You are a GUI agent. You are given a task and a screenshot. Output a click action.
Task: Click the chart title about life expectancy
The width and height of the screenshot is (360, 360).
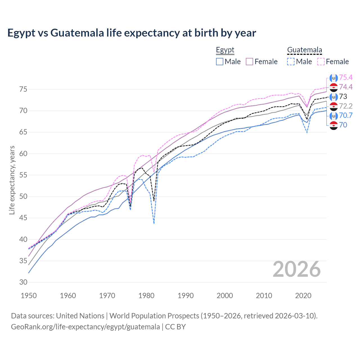[132, 33]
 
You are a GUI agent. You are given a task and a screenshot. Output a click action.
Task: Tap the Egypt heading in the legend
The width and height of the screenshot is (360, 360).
[225, 50]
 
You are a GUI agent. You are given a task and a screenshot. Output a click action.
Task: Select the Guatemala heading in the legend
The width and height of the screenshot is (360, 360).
[304, 50]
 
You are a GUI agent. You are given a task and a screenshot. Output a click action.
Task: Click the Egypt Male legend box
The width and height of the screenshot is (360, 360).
[220, 62]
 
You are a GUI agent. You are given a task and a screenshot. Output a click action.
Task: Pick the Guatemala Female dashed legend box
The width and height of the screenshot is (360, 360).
[321, 62]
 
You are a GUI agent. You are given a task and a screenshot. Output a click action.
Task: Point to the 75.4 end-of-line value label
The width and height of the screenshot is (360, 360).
[346, 78]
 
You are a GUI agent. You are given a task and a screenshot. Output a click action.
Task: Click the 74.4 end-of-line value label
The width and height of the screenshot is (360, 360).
[346, 87]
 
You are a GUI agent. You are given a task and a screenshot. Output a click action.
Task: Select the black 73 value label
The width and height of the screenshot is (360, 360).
[343, 97]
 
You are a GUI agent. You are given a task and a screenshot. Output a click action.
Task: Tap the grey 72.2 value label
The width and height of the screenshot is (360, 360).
[346, 106]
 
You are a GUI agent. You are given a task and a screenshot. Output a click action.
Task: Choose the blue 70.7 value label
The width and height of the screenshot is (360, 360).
[346, 115]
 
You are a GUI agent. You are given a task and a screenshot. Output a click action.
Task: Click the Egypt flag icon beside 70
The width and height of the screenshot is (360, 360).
[334, 125]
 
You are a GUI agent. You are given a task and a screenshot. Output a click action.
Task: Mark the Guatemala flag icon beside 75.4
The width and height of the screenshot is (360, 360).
[334, 78]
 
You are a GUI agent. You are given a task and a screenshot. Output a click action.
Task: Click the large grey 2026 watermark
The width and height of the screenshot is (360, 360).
[297, 269]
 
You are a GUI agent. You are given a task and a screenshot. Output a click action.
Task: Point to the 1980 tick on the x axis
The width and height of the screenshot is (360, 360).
[146, 296]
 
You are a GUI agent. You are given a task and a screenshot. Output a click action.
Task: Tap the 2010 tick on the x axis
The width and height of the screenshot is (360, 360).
[264, 296]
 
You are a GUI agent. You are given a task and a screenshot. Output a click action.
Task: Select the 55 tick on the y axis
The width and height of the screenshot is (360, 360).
[23, 175]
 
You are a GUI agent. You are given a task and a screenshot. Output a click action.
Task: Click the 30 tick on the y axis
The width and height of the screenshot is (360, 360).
[23, 282]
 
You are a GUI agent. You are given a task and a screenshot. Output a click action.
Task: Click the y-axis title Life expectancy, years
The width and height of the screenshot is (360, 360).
[12, 180]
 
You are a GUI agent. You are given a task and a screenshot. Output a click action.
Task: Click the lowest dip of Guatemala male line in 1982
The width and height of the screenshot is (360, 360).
[154, 224]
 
